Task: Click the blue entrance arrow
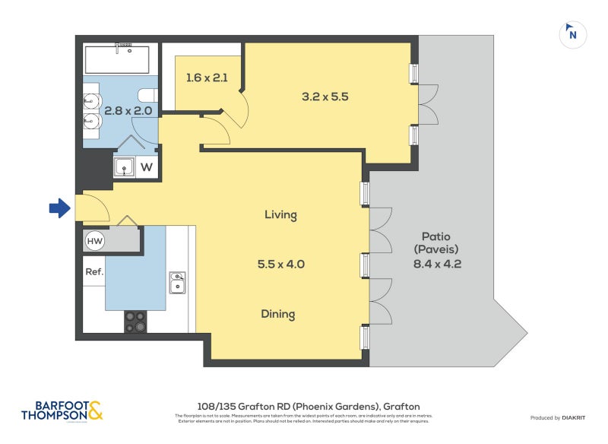pos(59,208)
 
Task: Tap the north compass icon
pos(572,34)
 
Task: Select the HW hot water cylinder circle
pos(95,241)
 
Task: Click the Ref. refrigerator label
pos(94,271)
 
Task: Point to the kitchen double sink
pos(177,282)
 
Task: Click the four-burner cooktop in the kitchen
pos(135,322)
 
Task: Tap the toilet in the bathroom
pos(147,95)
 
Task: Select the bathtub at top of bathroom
pos(118,58)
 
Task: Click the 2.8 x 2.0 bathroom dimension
pos(128,110)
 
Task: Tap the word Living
pos(280,215)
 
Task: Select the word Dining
pos(278,314)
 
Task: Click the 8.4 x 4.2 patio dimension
pos(437,265)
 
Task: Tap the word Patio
pos(437,235)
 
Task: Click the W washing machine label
pos(147,167)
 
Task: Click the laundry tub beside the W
pos(124,167)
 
